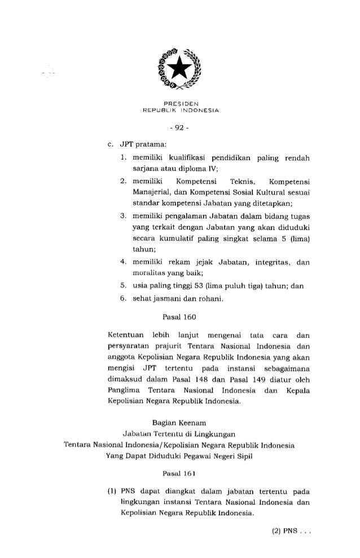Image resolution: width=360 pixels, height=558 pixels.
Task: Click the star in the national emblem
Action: coord(179,68)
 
